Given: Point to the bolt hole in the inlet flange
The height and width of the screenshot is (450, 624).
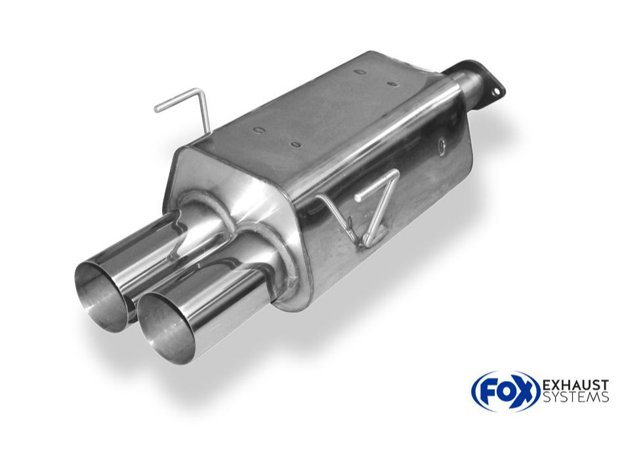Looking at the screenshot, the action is click(x=496, y=92).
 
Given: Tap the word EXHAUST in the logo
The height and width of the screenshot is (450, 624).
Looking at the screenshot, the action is click(x=575, y=386).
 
